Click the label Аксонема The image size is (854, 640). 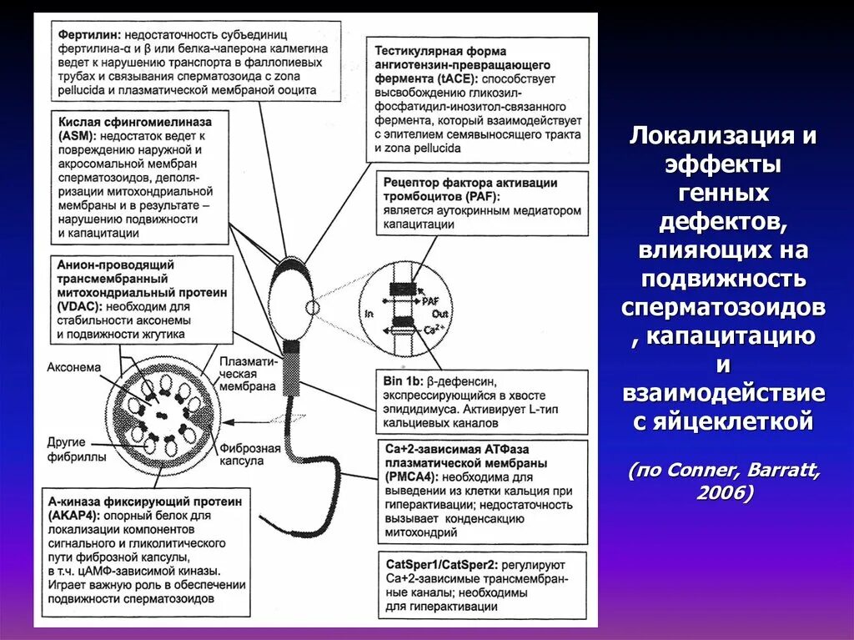74,366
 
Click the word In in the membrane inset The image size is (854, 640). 369,313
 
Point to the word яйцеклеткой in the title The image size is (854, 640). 724,421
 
